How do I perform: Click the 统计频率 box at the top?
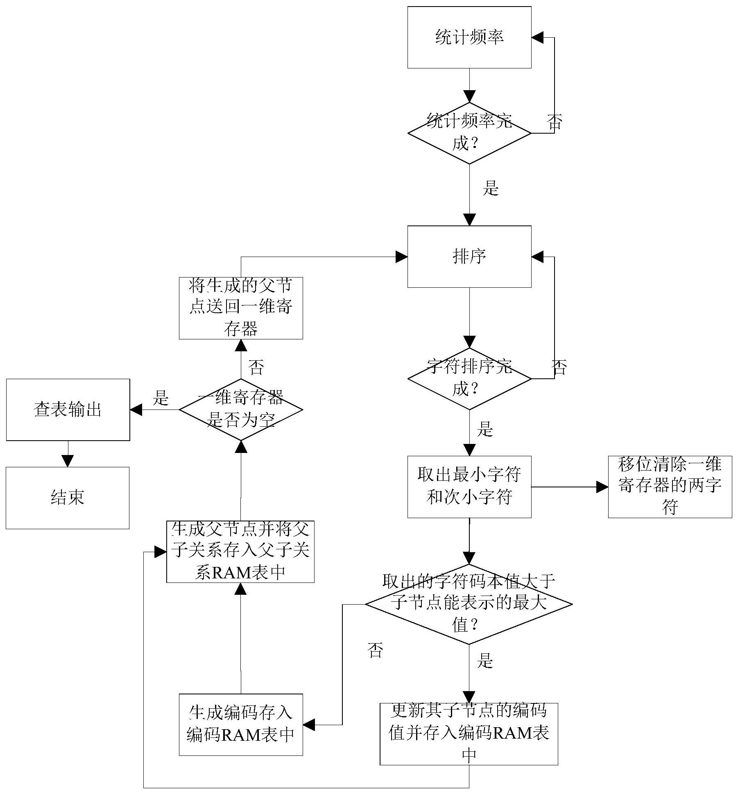pyautogui.click(x=469, y=37)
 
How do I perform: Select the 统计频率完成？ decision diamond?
pyautogui.click(x=469, y=133)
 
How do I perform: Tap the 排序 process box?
pyautogui.click(x=469, y=257)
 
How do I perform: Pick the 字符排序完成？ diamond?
pyautogui.click(x=469, y=378)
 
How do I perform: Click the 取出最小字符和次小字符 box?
pyautogui.click(x=469, y=487)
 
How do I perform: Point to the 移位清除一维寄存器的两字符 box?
pyautogui.click(x=670, y=487)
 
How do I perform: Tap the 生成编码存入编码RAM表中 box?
pyautogui.click(x=241, y=724)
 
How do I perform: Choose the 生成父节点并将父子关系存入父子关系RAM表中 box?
pyautogui.click(x=240, y=551)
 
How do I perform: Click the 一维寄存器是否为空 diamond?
pyautogui.click(x=241, y=409)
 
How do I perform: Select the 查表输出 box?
pyautogui.click(x=68, y=410)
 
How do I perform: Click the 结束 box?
pyautogui.click(x=68, y=498)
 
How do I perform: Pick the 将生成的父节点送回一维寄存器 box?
pyautogui.click(x=241, y=308)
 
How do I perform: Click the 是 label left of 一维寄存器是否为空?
pyautogui.click(x=161, y=398)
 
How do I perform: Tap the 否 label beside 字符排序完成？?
pyautogui.click(x=559, y=367)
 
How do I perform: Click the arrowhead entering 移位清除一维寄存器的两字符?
pyautogui.click(x=602, y=487)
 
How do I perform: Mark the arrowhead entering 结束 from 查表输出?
pyautogui.click(x=68, y=461)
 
